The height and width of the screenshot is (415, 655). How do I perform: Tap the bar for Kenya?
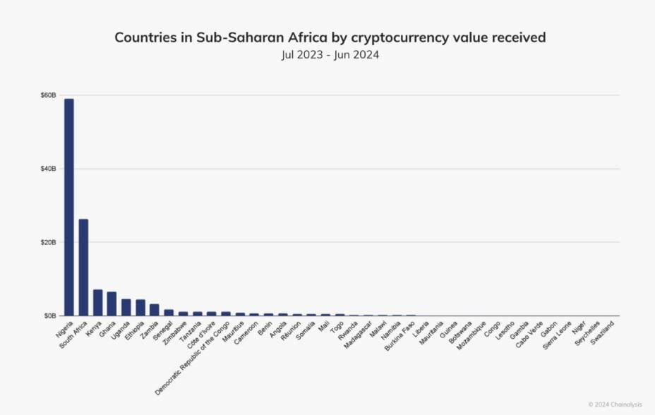click(x=97, y=302)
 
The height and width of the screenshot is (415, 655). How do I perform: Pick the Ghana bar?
click(x=112, y=303)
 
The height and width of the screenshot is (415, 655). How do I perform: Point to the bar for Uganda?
click(x=126, y=307)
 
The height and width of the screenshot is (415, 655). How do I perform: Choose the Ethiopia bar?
click(x=140, y=307)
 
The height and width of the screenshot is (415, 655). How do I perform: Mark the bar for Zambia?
click(x=155, y=310)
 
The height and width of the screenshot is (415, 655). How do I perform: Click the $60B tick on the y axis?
click(x=48, y=95)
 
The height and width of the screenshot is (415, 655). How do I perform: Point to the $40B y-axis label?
click(x=48, y=169)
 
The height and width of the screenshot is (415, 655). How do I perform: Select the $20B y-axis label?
click(x=48, y=242)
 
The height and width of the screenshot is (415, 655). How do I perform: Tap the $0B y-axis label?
click(x=49, y=315)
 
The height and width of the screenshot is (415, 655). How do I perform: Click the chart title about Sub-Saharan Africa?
click(x=330, y=38)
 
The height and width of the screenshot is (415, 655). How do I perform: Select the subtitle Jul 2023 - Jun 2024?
click(x=330, y=55)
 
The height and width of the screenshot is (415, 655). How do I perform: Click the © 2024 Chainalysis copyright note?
click(x=615, y=404)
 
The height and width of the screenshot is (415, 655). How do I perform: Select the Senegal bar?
click(x=169, y=312)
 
